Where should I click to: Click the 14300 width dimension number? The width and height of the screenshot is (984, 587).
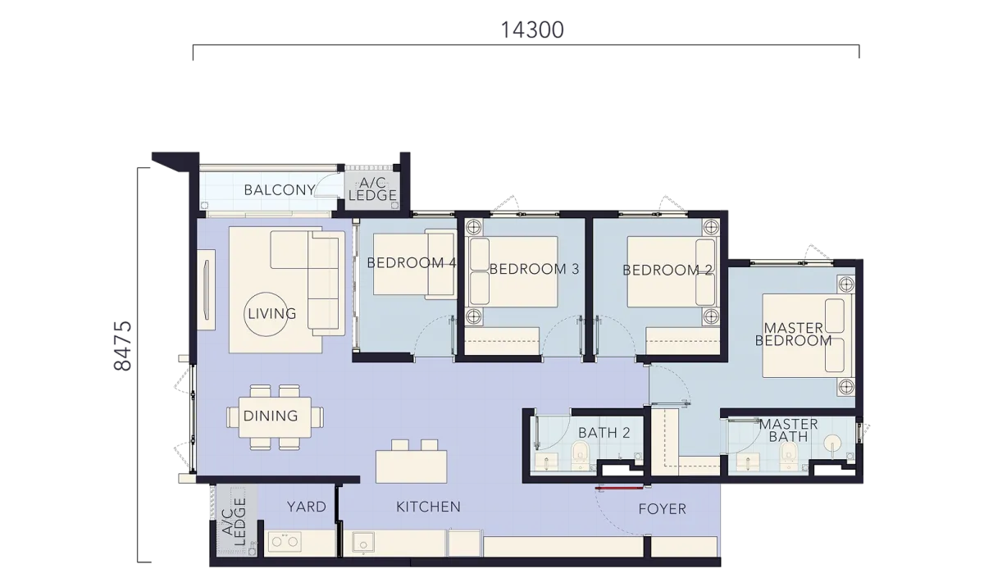coord(532,30)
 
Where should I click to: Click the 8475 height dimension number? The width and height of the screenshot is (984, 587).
coord(122,346)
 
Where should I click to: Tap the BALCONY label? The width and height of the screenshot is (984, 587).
coord(280,190)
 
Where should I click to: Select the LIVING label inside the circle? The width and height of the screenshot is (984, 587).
coord(272,313)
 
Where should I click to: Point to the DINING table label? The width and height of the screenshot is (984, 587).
coord(271,416)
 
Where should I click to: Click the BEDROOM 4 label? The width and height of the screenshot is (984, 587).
coord(412,262)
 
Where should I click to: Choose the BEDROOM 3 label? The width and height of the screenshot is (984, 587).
coord(534,269)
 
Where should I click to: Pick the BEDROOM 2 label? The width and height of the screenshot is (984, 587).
coord(667,270)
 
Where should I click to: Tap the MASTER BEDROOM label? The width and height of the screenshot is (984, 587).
coord(794,334)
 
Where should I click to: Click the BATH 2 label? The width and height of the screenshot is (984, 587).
coord(604,433)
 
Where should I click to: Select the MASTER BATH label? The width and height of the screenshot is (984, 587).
coord(789,430)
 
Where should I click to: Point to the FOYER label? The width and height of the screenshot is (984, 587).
coord(662,509)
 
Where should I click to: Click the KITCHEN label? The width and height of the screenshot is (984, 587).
coord(428,507)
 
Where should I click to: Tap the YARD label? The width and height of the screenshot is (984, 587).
coord(307,507)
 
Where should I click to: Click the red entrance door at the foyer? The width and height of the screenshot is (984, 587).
coord(620,487)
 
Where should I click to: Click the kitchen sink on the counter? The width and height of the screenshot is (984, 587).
coord(362,543)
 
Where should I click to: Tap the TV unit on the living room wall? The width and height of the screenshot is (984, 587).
coord(206,289)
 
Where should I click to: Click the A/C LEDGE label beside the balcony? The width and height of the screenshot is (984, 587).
coord(372,189)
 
